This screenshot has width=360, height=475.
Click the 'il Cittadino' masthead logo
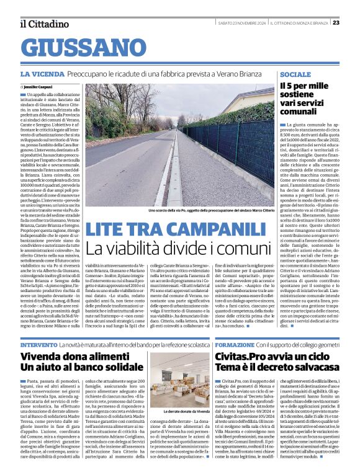pos(44,24)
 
